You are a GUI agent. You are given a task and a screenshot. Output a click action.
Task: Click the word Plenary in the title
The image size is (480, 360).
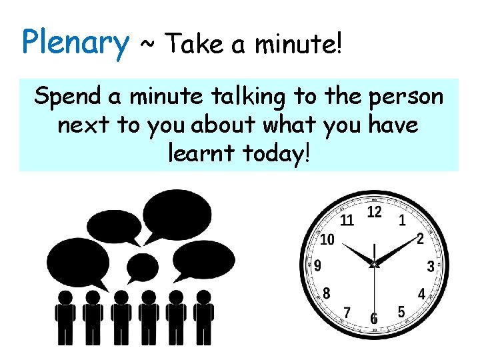[x=75, y=43]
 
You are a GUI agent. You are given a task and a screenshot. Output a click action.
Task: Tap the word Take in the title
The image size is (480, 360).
[x=194, y=45]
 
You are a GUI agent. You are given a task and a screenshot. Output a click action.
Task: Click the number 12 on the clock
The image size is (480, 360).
[x=375, y=213]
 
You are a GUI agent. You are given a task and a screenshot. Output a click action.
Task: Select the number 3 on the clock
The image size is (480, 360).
[x=431, y=267]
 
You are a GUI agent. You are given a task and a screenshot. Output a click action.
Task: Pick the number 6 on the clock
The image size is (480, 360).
[x=374, y=319]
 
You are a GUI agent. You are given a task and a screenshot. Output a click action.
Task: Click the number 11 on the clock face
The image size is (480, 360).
[x=347, y=220]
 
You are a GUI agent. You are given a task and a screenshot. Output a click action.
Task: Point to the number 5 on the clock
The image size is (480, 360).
[x=401, y=311]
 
